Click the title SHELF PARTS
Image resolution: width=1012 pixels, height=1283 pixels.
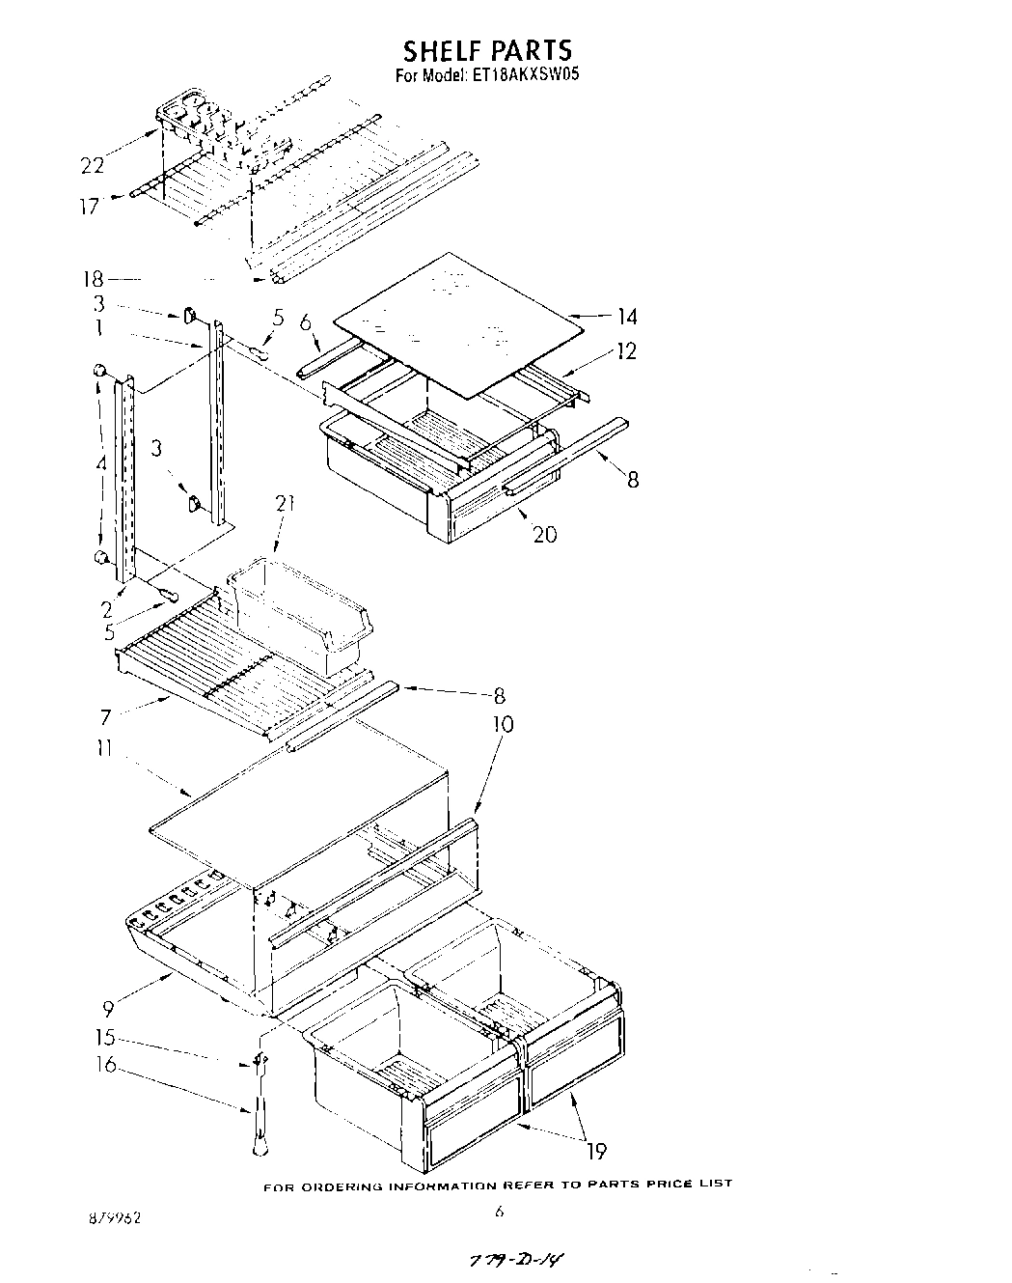pos(487,50)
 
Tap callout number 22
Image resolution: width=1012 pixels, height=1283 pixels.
pos(93,166)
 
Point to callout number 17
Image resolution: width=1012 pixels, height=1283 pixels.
pos(89,206)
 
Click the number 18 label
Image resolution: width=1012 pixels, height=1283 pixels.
pos(93,280)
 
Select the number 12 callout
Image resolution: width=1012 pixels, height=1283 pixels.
pos(626,351)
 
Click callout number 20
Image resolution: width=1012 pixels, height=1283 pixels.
pos(544,534)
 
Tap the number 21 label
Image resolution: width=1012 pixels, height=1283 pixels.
pos(285,504)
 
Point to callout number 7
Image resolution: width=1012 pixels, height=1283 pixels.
pos(105,716)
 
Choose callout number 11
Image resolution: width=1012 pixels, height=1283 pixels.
pos(103,748)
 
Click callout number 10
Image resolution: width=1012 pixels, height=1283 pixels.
pos(503,724)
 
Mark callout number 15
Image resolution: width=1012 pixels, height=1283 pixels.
pos(104,1039)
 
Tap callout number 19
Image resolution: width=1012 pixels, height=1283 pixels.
pos(596,1151)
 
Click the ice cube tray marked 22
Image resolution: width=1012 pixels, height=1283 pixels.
pos(193,118)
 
